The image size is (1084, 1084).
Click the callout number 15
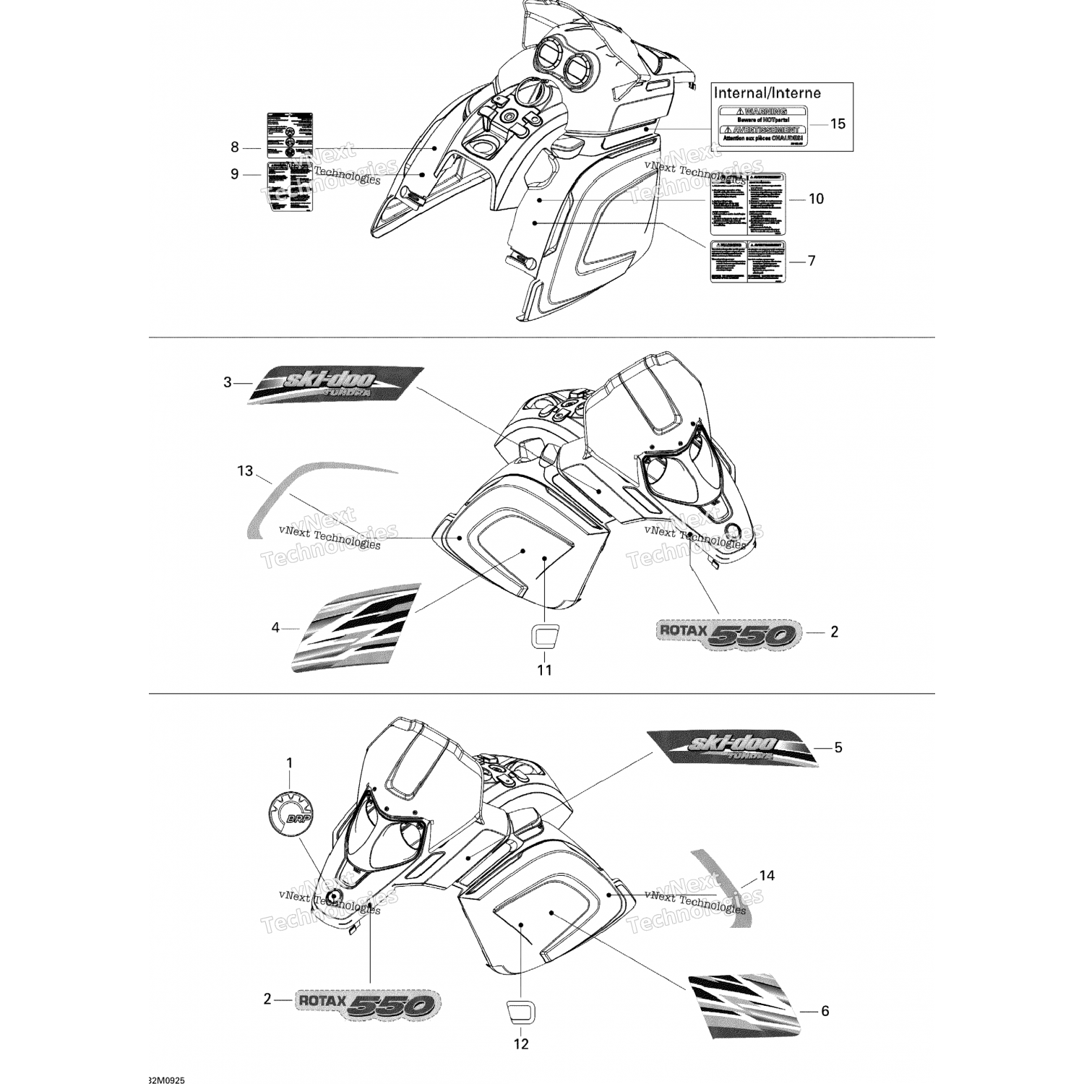pyautogui.click(x=837, y=124)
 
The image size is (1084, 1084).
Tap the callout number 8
pyautogui.click(x=234, y=147)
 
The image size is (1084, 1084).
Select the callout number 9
pyautogui.click(x=234, y=174)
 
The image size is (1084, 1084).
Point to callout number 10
pyautogui.click(x=816, y=199)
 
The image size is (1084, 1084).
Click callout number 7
pyautogui.click(x=812, y=260)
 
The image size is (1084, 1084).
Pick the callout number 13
pyautogui.click(x=245, y=471)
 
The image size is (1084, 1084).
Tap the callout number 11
pyautogui.click(x=544, y=670)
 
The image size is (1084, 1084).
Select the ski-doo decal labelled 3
pyautogui.click(x=336, y=384)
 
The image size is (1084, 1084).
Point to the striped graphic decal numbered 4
pyautogui.click(x=356, y=627)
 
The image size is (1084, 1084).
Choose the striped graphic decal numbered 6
pyautogui.click(x=743, y=1003)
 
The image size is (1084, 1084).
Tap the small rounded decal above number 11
pyautogui.click(x=543, y=636)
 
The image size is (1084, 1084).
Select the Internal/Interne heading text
pyautogui.click(x=767, y=93)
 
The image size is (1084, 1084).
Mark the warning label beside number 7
pyautogui.click(x=747, y=261)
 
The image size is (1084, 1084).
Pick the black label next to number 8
pyautogui.click(x=290, y=135)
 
